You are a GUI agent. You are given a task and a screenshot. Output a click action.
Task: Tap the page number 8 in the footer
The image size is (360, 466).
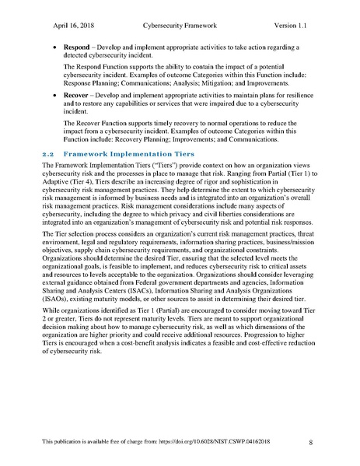[x=311, y=443]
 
